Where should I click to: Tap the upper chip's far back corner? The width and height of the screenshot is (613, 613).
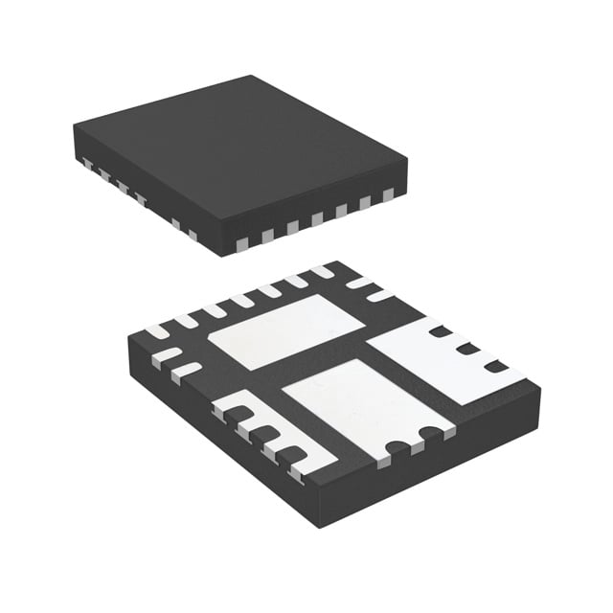click(x=252, y=77)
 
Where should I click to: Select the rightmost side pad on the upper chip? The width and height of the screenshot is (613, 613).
click(x=388, y=195)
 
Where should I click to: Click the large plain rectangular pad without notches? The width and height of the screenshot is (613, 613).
click(x=280, y=331)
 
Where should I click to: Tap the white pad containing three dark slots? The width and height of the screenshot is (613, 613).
click(x=445, y=359)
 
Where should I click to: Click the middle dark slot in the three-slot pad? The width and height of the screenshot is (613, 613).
click(x=467, y=349)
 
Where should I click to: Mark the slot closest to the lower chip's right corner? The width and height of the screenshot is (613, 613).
click(x=495, y=366)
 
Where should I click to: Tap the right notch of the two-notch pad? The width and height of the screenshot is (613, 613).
click(x=426, y=433)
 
